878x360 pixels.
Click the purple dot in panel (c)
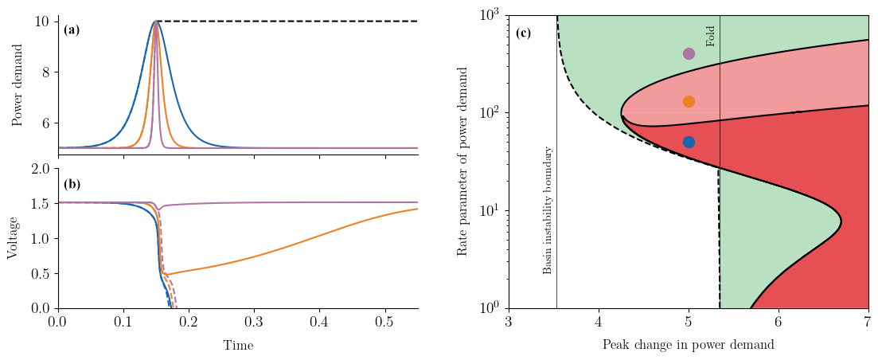click(x=689, y=54)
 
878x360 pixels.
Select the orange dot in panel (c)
click(x=689, y=101)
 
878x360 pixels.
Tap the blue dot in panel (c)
click(x=689, y=142)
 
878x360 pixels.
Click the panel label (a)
click(x=72, y=30)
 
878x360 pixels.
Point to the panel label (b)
click(x=72, y=184)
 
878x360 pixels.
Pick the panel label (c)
click(x=523, y=33)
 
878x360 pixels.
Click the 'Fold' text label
click(x=711, y=36)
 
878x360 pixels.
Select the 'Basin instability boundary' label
click(x=548, y=210)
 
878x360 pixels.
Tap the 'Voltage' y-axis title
click(x=12, y=237)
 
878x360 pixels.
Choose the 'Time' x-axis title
click(x=238, y=346)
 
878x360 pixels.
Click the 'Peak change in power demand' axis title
click(x=688, y=346)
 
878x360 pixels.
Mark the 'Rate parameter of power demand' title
click(x=462, y=161)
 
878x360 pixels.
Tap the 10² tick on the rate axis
click(x=489, y=112)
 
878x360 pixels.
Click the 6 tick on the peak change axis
click(x=778, y=322)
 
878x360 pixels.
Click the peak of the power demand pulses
click(x=155, y=22)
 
